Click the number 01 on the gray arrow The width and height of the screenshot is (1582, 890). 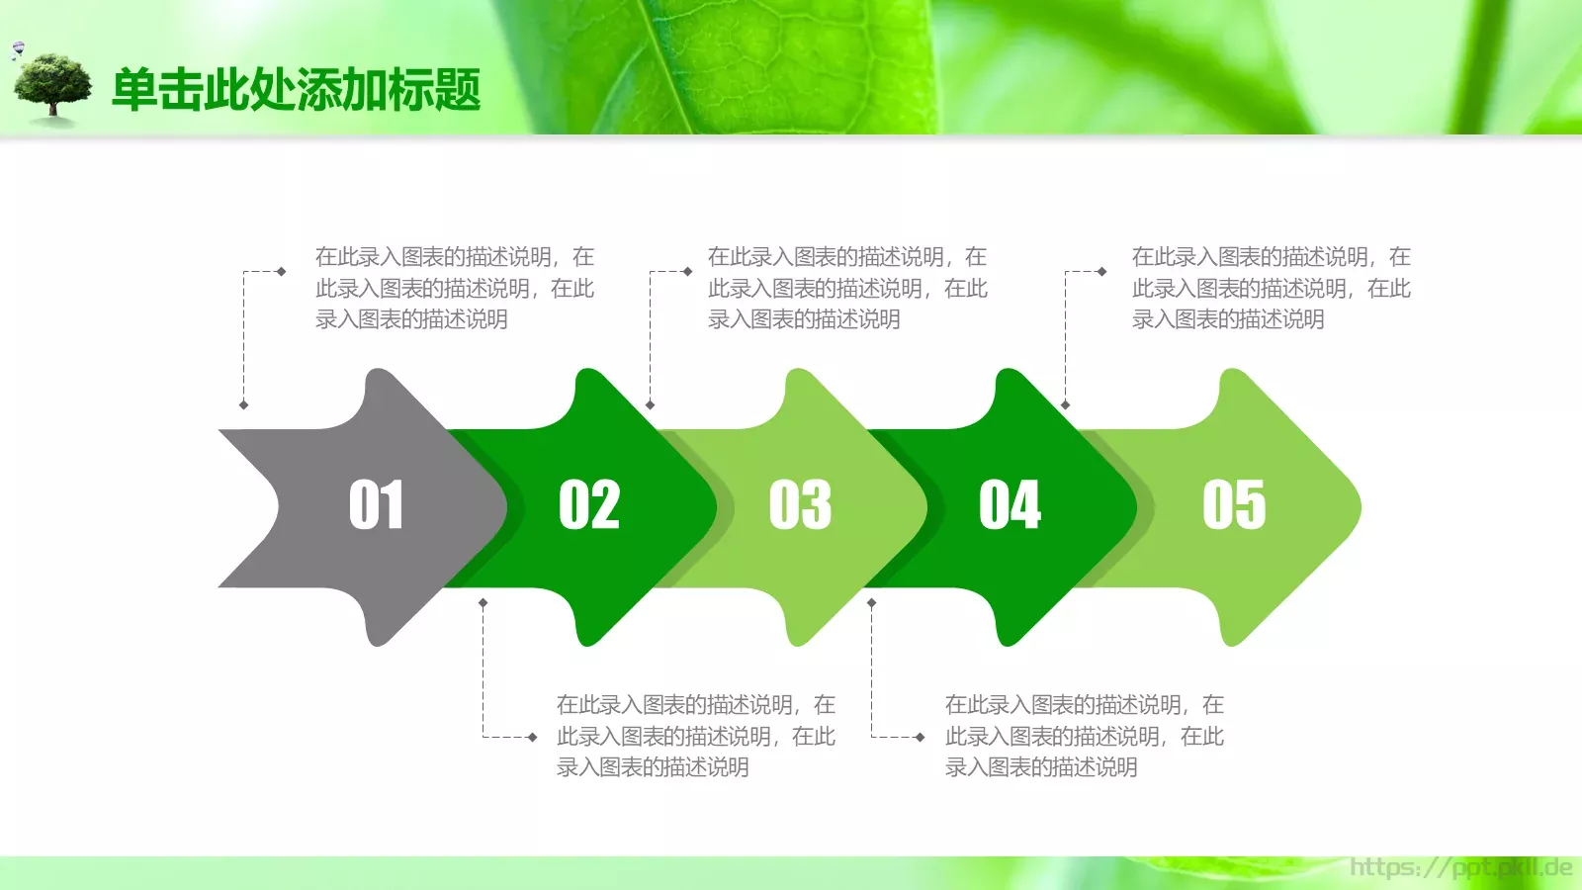(x=376, y=505)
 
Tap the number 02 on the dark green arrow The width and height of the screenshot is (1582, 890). (x=589, y=505)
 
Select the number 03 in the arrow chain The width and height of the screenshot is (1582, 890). (x=800, y=505)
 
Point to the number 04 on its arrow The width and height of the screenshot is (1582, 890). (x=1010, y=505)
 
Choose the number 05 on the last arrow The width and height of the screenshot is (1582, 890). (x=1234, y=505)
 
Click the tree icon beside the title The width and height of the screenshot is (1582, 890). (x=53, y=88)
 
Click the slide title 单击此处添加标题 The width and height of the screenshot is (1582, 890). (x=296, y=90)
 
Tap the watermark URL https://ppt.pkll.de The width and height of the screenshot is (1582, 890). (x=1460, y=868)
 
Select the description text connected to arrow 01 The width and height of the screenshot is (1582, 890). (x=454, y=288)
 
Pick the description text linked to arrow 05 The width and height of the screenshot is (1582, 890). (x=1271, y=288)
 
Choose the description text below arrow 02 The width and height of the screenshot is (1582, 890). (x=695, y=736)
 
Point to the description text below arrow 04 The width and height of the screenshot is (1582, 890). (x=1084, y=736)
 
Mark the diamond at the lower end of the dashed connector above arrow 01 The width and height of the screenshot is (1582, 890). (x=244, y=404)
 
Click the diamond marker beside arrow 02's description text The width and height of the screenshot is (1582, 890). (x=533, y=737)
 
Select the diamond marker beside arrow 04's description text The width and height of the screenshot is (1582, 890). (x=921, y=737)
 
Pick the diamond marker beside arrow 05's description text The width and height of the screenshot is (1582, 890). (x=1101, y=271)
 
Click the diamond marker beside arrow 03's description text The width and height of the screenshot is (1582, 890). (x=687, y=271)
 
